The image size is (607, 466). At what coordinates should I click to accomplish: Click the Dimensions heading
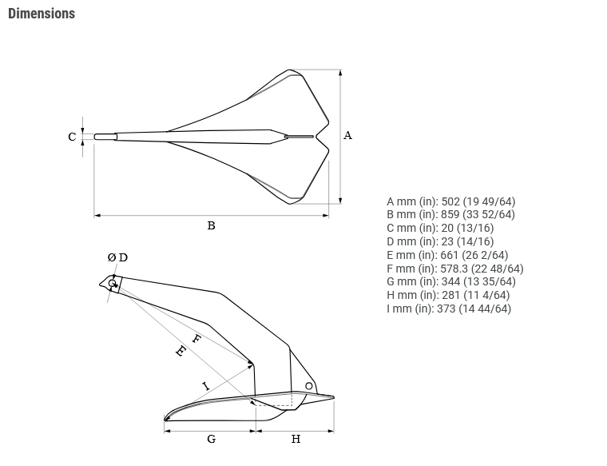coord(42,14)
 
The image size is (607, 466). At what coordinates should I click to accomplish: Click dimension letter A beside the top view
coord(347,135)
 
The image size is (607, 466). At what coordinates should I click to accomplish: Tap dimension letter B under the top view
coord(211,225)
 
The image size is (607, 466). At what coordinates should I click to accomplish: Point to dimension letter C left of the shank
coord(72,137)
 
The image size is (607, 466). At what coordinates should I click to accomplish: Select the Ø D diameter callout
coord(117,257)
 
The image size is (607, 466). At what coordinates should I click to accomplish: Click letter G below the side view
coord(212,439)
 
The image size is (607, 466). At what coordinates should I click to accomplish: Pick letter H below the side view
coord(296,439)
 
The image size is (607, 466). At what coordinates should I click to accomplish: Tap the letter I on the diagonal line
coord(206,386)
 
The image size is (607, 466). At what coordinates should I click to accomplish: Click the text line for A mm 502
coord(451,201)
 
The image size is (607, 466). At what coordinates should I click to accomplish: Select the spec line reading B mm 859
coord(450,214)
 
